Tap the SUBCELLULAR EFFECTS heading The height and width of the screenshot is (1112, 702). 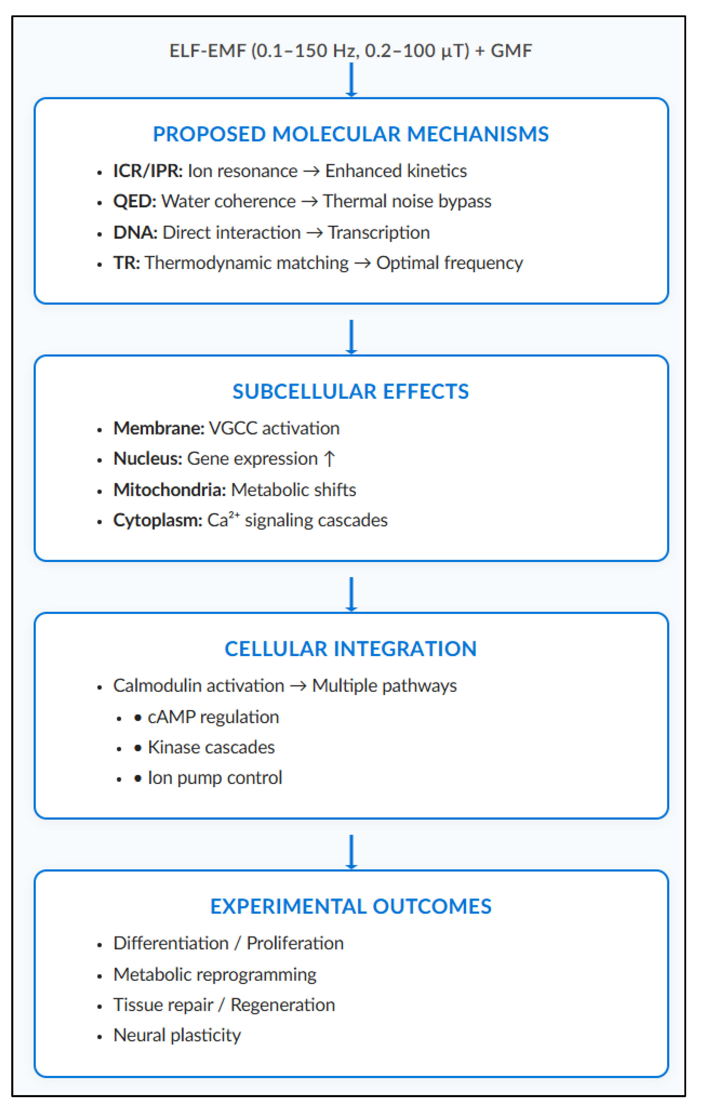[x=351, y=392]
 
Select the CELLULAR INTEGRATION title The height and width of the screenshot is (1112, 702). [x=351, y=649]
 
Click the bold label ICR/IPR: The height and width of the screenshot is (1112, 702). [x=148, y=171]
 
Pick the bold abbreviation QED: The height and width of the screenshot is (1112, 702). [x=135, y=201]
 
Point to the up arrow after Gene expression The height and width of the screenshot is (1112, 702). [x=329, y=459]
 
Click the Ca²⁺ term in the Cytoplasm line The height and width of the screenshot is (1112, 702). [x=223, y=520]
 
